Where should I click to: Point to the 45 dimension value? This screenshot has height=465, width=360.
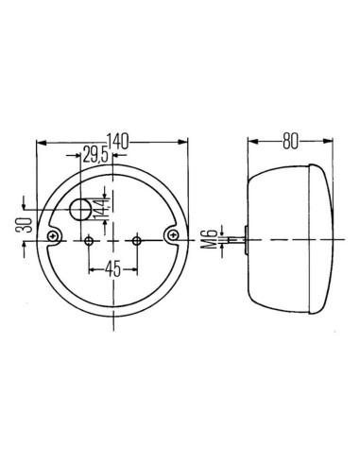(112, 267)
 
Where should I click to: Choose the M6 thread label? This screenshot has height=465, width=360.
(209, 242)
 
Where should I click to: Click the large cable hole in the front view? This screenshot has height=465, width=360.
(83, 210)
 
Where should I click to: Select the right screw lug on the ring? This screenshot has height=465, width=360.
(173, 233)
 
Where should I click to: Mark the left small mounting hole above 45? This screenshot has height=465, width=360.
(90, 241)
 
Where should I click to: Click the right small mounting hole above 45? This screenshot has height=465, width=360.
(137, 241)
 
